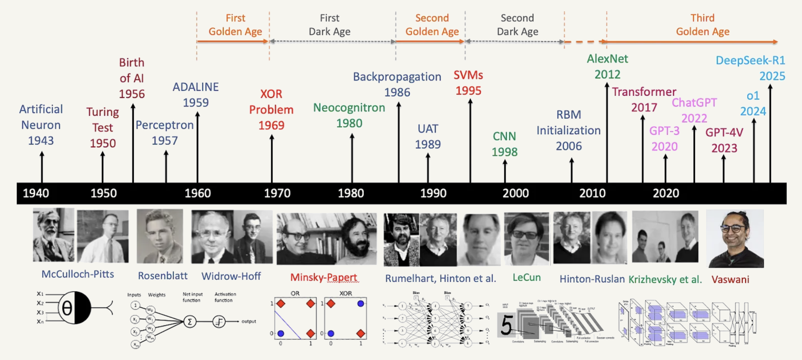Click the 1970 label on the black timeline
pos(277,194)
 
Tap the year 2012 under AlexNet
pos(607,74)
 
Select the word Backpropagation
pos(397,76)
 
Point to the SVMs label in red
pos(468,75)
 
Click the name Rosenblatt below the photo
pos(162,276)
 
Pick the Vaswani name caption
pos(730,279)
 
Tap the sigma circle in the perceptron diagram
pos(190,321)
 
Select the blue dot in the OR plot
pos(280,334)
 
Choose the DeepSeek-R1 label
pos(750,61)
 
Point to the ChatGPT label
pos(694,102)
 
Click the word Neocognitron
pos(349,108)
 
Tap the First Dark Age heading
pos(329,25)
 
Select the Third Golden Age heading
pos(702,25)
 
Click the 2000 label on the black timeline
pos(516,194)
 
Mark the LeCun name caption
pos(526,278)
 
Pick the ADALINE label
pos(196,87)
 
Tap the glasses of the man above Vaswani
pos(734,228)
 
